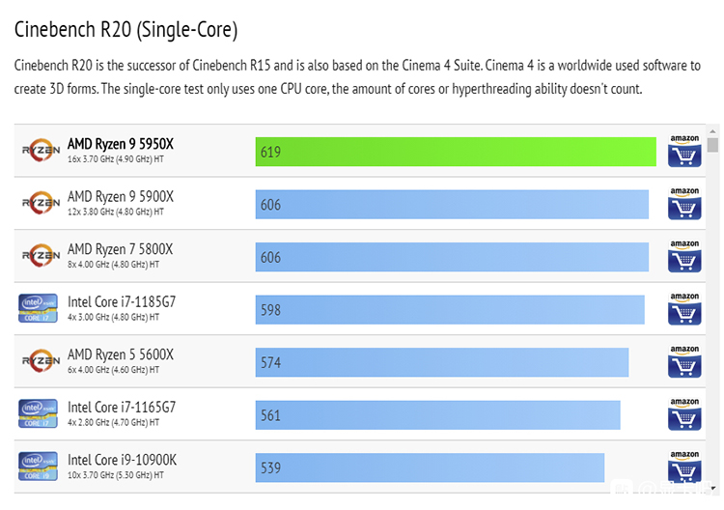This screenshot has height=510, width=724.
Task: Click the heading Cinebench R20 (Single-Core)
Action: [125, 30]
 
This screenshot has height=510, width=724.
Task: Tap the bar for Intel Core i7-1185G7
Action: [450, 309]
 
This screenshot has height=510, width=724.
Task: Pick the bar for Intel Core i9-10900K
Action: [430, 467]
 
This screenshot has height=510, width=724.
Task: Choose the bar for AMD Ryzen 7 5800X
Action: [452, 257]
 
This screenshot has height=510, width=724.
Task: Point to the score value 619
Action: [270, 152]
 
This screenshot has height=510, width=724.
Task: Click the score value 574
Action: [270, 362]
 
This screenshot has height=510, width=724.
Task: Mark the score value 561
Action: [270, 415]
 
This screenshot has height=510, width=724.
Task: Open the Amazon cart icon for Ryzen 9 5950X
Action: [684, 152]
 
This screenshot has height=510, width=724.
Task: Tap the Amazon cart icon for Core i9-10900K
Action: [684, 467]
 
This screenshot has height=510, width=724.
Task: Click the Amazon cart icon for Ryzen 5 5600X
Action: [684, 362]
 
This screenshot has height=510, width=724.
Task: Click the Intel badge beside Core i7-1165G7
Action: [38, 413]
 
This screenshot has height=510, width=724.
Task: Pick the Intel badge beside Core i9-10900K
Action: [38, 467]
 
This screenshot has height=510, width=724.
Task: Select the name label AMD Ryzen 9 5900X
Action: [121, 196]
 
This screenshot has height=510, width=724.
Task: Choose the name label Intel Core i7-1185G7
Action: [122, 301]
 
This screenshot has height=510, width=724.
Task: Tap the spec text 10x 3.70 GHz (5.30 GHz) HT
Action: [117, 475]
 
